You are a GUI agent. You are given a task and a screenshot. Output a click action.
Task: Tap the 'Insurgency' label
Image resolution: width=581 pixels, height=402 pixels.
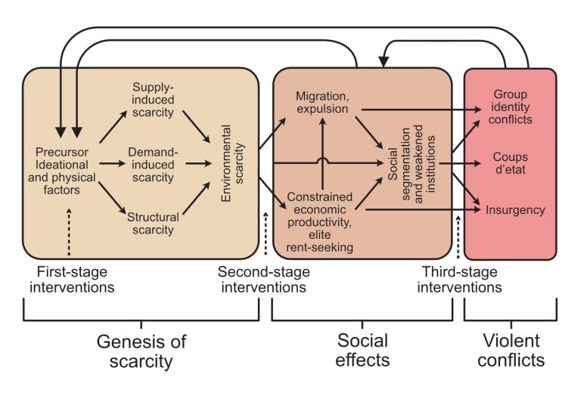coord(514,210)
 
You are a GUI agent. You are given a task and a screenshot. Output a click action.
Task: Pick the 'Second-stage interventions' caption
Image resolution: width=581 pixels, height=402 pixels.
coord(263,278)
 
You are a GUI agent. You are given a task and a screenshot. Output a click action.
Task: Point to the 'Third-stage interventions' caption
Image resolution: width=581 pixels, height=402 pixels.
coord(461,279)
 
